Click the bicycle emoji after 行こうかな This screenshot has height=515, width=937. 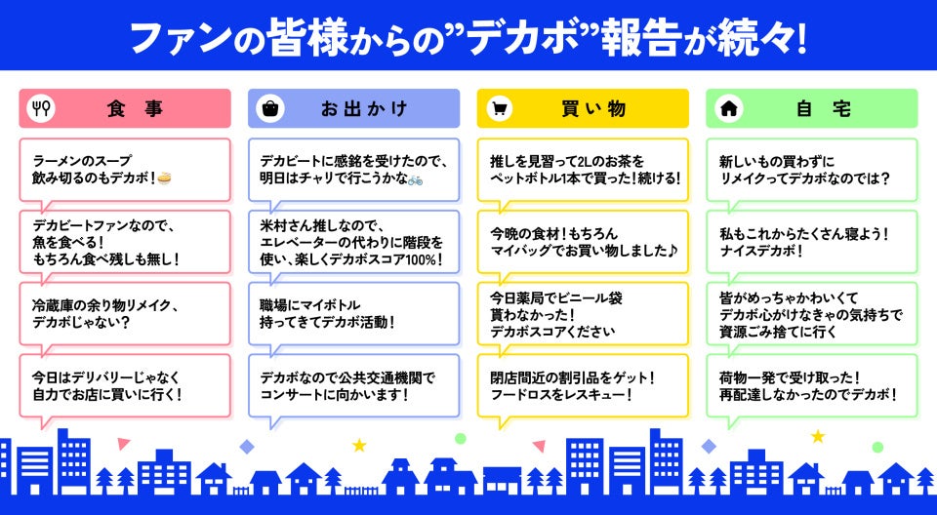pyautogui.click(x=415, y=179)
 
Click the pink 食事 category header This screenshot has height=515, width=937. pyautogui.click(x=125, y=109)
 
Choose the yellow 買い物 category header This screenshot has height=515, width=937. pyautogui.click(x=583, y=109)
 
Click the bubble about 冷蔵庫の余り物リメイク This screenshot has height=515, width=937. pyautogui.click(x=125, y=313)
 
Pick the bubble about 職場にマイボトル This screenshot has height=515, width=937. pyautogui.click(x=353, y=313)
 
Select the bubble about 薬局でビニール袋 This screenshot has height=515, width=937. pyautogui.click(x=583, y=313)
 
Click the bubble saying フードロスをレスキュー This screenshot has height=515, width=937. pyautogui.click(x=583, y=385)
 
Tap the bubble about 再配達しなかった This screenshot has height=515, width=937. pyautogui.click(x=811, y=385)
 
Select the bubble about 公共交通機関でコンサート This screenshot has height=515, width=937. pyautogui.click(x=353, y=385)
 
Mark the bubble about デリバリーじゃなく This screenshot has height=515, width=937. pyautogui.click(x=125, y=385)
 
